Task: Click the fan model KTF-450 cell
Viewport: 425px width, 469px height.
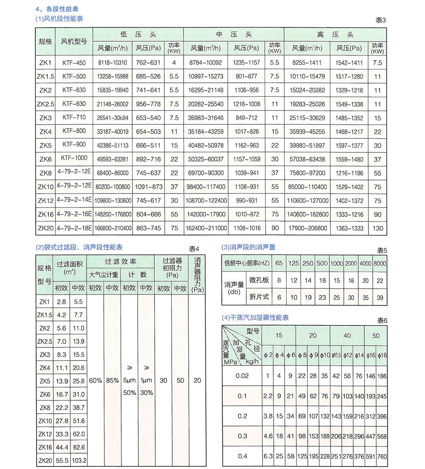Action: pos(74,63)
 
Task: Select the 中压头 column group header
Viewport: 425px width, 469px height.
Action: pos(233,34)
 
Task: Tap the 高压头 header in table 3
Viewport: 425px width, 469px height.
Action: pos(335,34)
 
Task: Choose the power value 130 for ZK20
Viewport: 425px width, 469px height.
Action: pos(377,228)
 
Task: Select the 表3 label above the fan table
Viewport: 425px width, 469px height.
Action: pos(381,20)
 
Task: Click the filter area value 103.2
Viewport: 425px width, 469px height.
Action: pos(79,460)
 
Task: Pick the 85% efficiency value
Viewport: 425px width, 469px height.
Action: pos(112,381)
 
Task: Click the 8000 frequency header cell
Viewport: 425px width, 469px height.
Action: pos(380,263)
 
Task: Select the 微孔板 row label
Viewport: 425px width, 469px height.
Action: pos(259,280)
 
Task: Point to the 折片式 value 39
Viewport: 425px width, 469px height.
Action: pos(380,298)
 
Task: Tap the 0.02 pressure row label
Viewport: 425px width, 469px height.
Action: pos(242,376)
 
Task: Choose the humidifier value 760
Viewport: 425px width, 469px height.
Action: pos(382,456)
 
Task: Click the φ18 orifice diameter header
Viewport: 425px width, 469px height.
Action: pos(382,356)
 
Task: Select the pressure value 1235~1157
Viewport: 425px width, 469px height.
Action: pos(246,63)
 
